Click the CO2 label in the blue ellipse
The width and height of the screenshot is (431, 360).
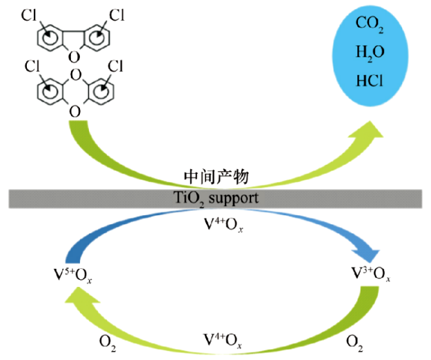[x=370, y=26]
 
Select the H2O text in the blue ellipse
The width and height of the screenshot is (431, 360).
[x=370, y=53]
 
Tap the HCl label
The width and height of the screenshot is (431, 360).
[x=370, y=81]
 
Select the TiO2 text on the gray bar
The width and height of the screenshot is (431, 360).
[x=187, y=199]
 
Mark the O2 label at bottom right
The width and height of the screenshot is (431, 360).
[x=352, y=341]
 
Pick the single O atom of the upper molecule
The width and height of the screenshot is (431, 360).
[x=74, y=56]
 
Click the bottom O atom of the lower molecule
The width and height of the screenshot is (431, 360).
[x=74, y=110]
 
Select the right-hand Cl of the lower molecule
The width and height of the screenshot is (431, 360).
[x=115, y=67]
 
